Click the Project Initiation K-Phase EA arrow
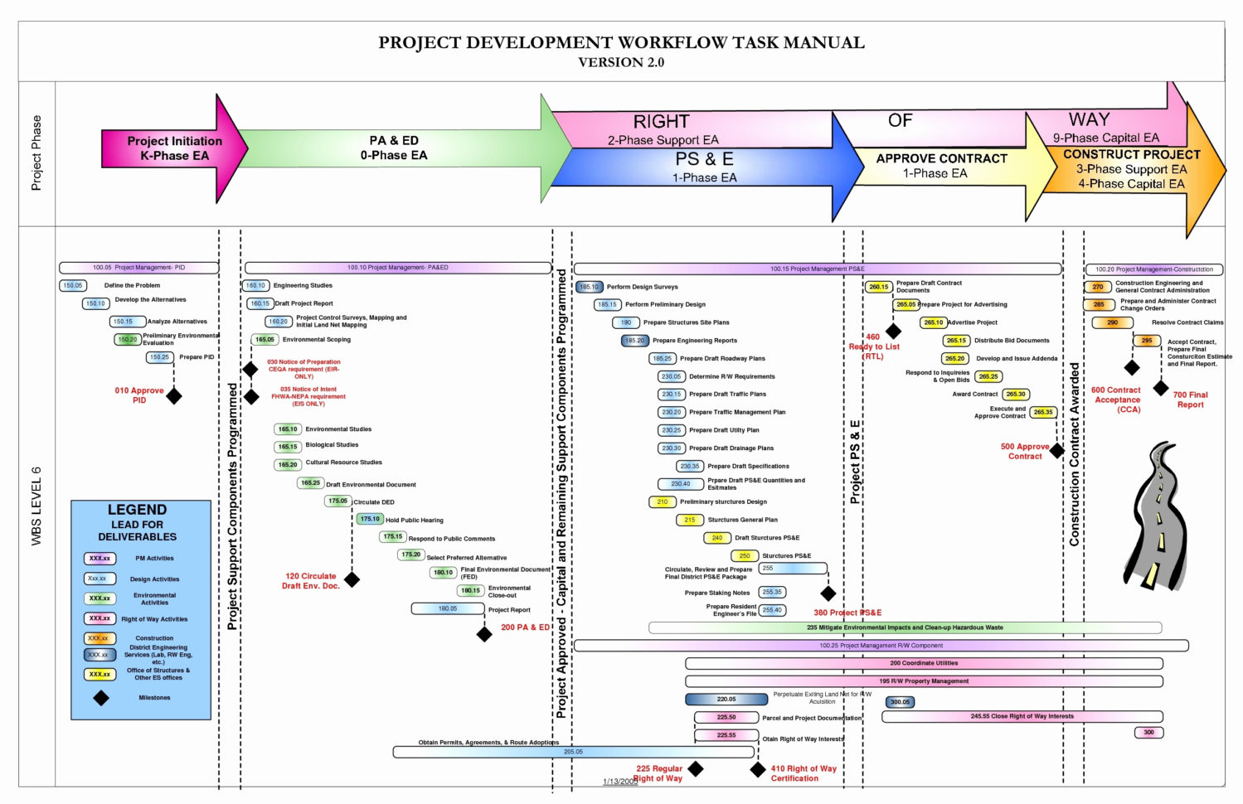[x=174, y=148]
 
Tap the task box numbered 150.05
[x=73, y=285]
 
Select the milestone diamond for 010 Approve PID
[x=174, y=396]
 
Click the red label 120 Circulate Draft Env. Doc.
[x=311, y=581]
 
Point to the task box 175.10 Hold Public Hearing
[x=369, y=519]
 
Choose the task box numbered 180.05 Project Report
[x=448, y=608]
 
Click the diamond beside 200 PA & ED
[x=484, y=634]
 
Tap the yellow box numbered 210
[x=662, y=501]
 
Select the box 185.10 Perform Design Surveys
[x=590, y=287]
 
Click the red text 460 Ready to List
[x=873, y=346]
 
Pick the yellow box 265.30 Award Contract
[x=1016, y=395]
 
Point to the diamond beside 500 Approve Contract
[x=1057, y=452]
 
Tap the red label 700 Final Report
[x=1190, y=400]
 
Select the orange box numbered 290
[x=1112, y=322]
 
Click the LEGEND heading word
[x=137, y=510]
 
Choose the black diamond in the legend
[x=101, y=698]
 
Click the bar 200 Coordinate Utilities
[x=924, y=663]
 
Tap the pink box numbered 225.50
[x=726, y=717]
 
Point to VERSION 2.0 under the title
[x=621, y=62]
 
